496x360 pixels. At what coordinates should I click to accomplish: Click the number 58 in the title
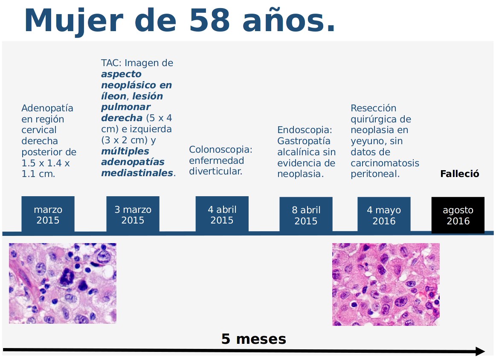click(x=209, y=20)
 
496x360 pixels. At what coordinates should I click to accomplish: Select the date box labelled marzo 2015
click(x=48, y=215)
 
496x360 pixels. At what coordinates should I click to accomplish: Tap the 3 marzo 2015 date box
click(x=133, y=215)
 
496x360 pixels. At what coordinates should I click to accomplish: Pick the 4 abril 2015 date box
click(x=222, y=215)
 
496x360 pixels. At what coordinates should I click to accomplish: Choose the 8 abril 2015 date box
click(x=306, y=215)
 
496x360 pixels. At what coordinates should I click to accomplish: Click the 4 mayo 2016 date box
click(x=384, y=215)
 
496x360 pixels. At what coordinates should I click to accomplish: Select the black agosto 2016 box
click(x=458, y=215)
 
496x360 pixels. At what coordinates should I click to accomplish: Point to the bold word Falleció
click(x=460, y=174)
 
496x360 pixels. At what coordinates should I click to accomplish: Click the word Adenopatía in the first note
click(x=47, y=108)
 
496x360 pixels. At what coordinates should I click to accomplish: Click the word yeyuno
click(x=367, y=142)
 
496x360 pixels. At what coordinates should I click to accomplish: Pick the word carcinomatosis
click(x=385, y=163)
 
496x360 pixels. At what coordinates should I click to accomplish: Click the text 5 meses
click(x=254, y=339)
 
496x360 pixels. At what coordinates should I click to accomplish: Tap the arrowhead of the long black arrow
click(x=480, y=351)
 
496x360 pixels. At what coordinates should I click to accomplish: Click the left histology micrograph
click(x=63, y=284)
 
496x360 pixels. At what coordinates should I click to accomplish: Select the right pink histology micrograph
click(x=386, y=285)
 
